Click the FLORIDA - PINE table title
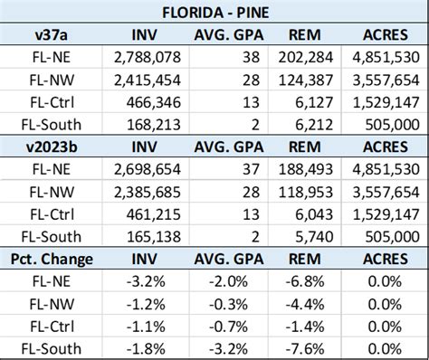pos(215,13)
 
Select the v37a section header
pos(52,35)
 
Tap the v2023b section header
pos(52,147)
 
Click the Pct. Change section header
pos(52,260)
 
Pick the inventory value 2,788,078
pos(148,57)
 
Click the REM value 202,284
pos(306,57)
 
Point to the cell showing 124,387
pos(306,81)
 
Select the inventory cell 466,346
pos(154,102)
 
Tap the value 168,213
pos(154,125)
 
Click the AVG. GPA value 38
pos(251,57)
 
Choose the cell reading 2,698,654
pos(148,169)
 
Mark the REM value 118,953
pos(306,193)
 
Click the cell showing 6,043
pos(314,214)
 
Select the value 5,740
pos(314,237)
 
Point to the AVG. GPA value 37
pos(251,169)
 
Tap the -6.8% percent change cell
pos(305,281)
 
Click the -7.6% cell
pos(305,349)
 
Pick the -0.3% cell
pos(228,305)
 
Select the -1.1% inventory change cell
pos(146,327)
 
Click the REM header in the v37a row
pos(305,35)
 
